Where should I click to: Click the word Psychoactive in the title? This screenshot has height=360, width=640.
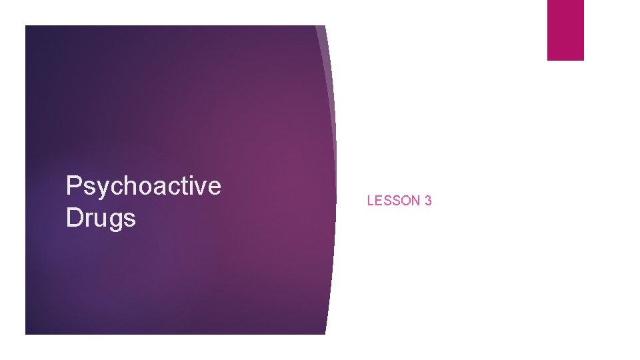(x=143, y=187)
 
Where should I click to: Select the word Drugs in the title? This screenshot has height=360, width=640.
(x=101, y=218)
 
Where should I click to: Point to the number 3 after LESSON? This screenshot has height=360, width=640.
(x=428, y=201)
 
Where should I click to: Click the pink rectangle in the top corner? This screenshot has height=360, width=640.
(x=565, y=30)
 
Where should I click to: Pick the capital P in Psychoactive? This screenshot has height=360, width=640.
(x=73, y=186)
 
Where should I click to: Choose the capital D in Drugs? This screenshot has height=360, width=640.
(x=74, y=217)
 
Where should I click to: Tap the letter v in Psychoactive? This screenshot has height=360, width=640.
(x=200, y=188)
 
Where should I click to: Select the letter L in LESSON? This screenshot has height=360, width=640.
(x=371, y=201)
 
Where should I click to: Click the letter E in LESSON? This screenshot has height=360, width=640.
(x=378, y=201)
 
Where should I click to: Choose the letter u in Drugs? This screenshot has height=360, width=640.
(x=99, y=219)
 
